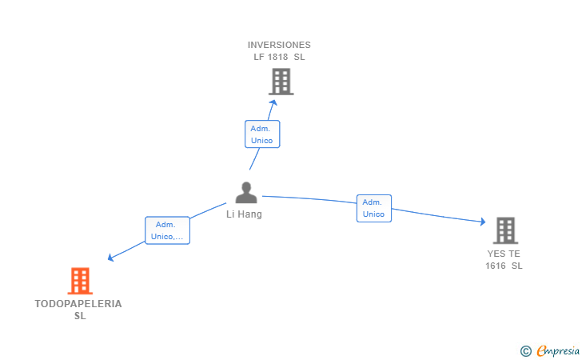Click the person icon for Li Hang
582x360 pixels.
pos(246,193)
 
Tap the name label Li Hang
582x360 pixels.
pos(245,214)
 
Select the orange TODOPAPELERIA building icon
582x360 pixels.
pos(80,281)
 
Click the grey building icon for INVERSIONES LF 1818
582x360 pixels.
pos(281,82)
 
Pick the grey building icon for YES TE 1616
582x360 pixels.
pos(505,230)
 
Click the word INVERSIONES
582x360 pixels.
pos(279,45)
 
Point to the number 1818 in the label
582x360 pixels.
pos(277,58)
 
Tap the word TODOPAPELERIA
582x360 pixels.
pos(78,304)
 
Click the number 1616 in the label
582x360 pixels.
pos(496,266)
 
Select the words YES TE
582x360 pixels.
pos(504,254)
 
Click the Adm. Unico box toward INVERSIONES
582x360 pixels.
pos(262,134)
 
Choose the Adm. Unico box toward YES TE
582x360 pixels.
pos(374,209)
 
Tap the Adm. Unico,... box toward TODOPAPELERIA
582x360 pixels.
pos(167,230)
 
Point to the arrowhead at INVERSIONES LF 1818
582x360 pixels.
pos(273,103)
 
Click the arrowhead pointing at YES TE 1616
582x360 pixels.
pos(483,222)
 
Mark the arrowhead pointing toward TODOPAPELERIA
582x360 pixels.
pos(110,258)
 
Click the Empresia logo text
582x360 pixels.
pos(558,350)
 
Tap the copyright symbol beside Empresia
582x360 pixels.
pos(526,351)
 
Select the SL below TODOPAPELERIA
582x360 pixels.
pos(80,316)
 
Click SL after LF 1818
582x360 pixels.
pos(299,58)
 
